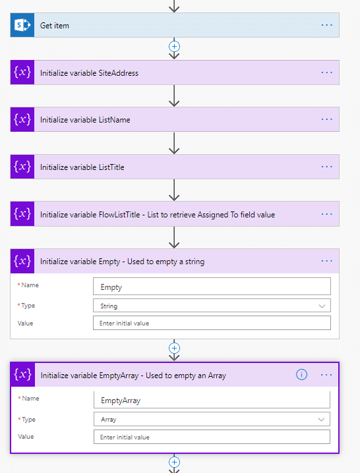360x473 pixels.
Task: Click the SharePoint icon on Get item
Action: (x=22, y=25)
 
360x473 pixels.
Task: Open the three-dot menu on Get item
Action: (x=327, y=25)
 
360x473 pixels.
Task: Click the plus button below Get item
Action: (x=174, y=47)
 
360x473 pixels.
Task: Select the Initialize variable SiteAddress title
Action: (x=89, y=73)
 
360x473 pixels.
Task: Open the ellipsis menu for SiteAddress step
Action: (x=327, y=72)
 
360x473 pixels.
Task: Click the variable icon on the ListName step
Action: (x=22, y=119)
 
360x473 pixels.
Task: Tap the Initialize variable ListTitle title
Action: (x=82, y=167)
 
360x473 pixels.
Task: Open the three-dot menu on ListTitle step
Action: (x=327, y=167)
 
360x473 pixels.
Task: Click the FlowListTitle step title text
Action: (x=158, y=215)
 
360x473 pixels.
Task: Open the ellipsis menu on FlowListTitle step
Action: (x=327, y=214)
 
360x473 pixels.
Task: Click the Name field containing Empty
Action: (x=212, y=287)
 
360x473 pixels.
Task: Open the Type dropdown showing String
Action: (x=212, y=306)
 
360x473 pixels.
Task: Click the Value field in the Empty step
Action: (x=212, y=323)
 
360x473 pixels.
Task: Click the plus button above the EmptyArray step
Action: (x=174, y=348)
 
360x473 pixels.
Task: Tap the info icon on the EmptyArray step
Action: (x=301, y=375)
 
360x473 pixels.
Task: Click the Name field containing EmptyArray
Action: (x=212, y=400)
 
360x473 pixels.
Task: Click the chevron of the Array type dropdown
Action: (x=321, y=419)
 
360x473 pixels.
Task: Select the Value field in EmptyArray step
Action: (x=212, y=437)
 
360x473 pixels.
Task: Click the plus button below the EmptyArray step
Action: (x=174, y=462)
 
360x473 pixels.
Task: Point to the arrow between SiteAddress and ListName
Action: (x=174, y=96)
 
